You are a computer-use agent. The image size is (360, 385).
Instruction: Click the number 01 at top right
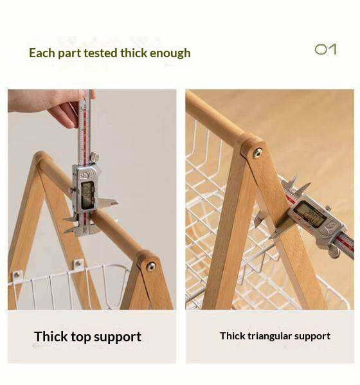[x=325, y=49]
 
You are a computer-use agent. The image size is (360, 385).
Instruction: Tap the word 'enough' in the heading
[x=170, y=53]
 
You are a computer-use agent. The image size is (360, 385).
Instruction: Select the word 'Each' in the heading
[x=42, y=53]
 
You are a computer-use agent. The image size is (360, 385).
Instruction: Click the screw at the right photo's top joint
[x=257, y=153]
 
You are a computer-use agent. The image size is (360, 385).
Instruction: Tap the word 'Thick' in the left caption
[x=51, y=337]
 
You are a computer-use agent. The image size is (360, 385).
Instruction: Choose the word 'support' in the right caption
[x=314, y=336]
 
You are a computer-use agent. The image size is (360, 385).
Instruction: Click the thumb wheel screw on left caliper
[x=94, y=156]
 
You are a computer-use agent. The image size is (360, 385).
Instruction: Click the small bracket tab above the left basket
[x=78, y=264]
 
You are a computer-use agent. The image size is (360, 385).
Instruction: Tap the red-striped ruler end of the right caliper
[x=345, y=243]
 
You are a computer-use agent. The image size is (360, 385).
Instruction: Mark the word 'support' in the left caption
[x=118, y=337]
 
